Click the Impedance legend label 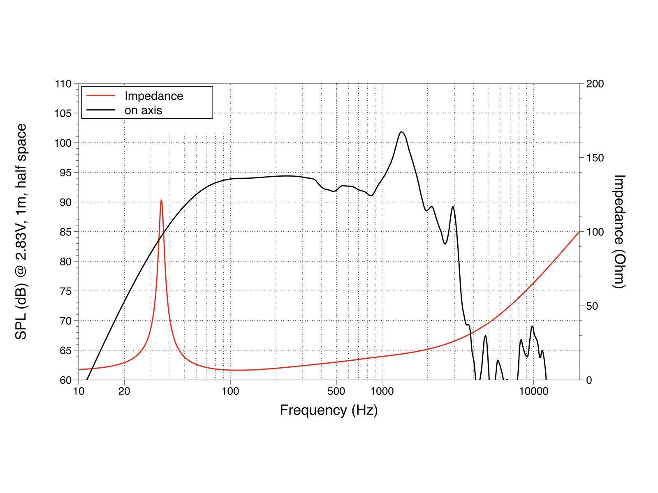[x=154, y=96]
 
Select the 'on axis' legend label [x=143, y=110]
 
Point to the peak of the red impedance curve [x=161, y=200]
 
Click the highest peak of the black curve [x=401, y=132]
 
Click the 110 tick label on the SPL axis [x=63, y=84]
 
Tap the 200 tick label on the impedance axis [x=594, y=84]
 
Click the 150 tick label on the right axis [x=594, y=158]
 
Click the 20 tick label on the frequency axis [x=124, y=392]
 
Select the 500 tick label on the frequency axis [x=336, y=392]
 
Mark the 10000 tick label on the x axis [x=533, y=392]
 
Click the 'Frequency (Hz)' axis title [x=329, y=410]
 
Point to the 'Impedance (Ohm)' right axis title [x=619, y=232]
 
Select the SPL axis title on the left [x=21, y=232]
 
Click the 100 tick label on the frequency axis [x=230, y=392]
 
